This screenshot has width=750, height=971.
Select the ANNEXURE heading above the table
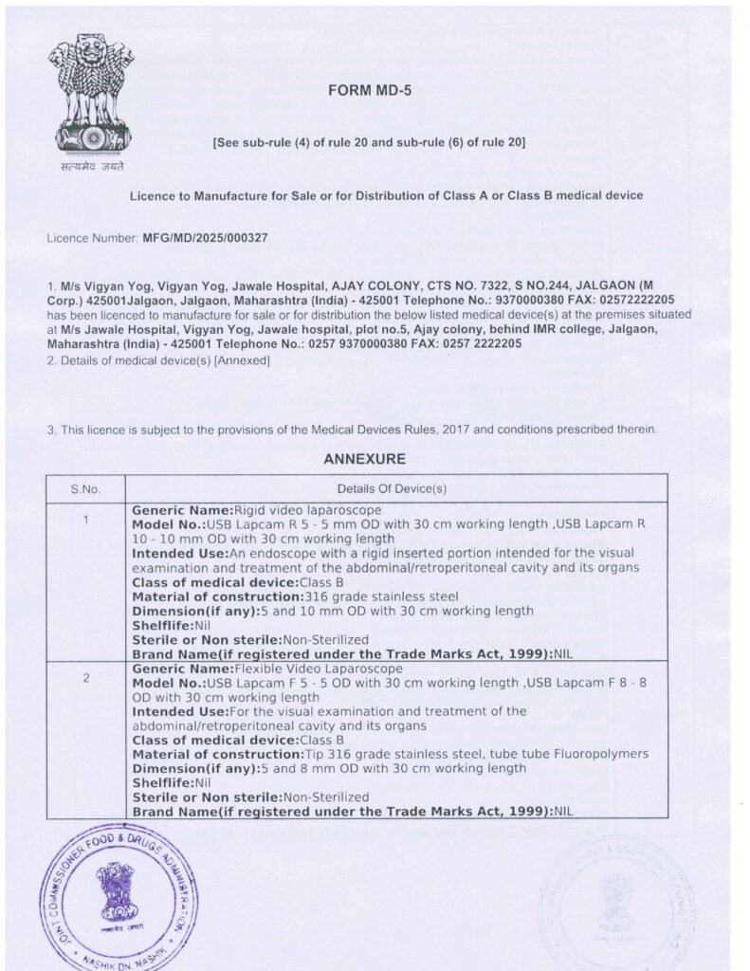pos(364,459)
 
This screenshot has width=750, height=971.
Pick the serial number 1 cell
pos(85,519)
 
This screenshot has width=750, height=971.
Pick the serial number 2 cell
pos(85,679)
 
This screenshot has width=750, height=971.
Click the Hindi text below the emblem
pos(92,166)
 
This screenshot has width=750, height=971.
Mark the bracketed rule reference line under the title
pos(370,142)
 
